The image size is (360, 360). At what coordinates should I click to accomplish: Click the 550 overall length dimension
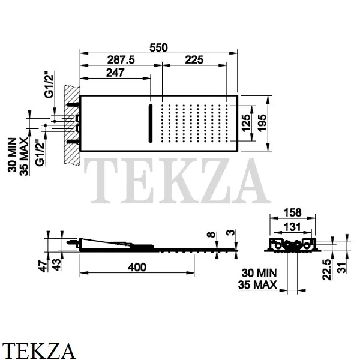coord(159,47)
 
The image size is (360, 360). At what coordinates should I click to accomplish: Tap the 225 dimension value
coord(193,59)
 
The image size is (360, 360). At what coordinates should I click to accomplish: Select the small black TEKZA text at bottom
coord(40,350)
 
